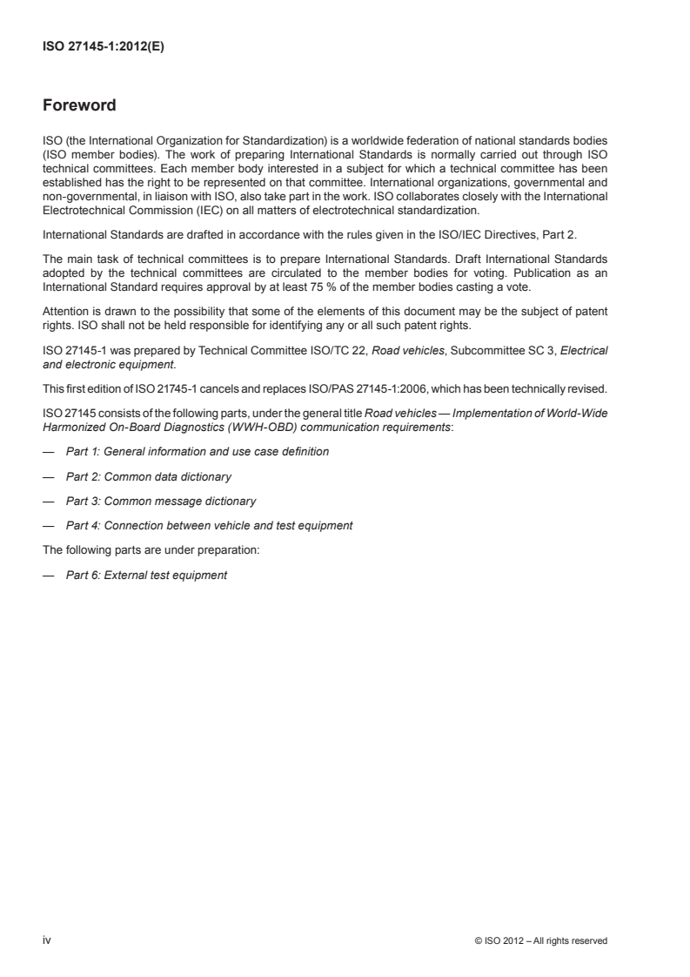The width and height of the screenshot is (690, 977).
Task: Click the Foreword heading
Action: coord(79,107)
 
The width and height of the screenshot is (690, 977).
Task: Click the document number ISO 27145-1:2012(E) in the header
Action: coord(104,49)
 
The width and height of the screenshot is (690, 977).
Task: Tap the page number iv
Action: coord(48,940)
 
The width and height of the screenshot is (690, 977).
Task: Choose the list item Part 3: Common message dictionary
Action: coord(161,501)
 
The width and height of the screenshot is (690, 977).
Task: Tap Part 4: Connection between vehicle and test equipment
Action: coord(210,525)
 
